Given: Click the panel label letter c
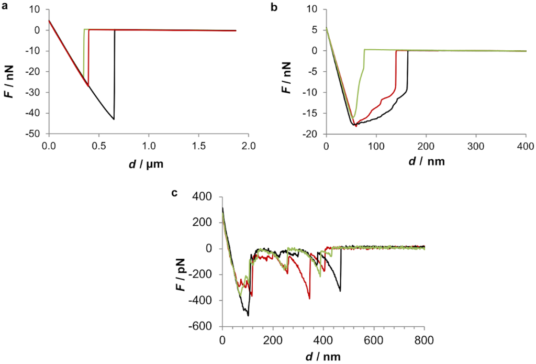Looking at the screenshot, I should [175, 193].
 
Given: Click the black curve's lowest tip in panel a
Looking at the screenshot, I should [114, 119].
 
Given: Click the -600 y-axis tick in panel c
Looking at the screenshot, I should [206, 327].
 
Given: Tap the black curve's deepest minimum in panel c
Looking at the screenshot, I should [248, 315].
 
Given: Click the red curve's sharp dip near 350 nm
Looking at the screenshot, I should [310, 299].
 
